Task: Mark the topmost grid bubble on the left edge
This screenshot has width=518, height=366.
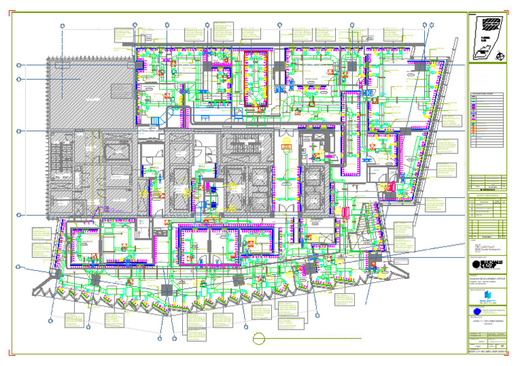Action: [19, 65]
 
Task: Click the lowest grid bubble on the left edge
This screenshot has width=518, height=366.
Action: [19, 292]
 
